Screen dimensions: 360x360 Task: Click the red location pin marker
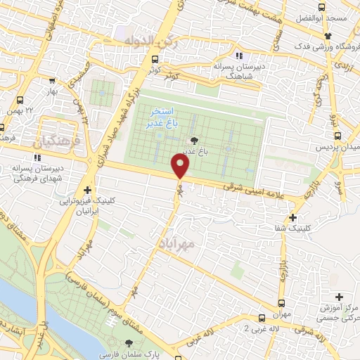[181, 166]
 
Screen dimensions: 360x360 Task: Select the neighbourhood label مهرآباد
[169, 242]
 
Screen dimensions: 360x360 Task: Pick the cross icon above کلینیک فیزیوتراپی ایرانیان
[87, 190]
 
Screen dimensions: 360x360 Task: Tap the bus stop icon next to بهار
[20, 100]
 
